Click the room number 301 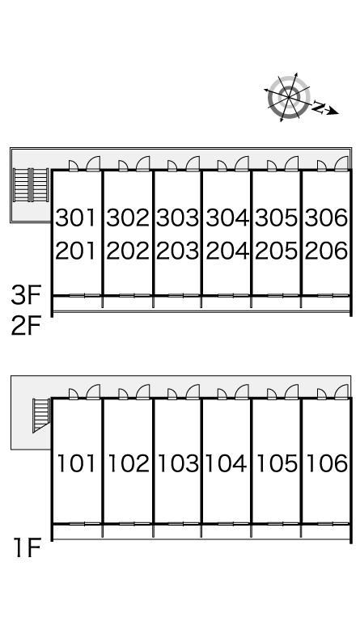[76, 218]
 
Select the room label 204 [227, 251]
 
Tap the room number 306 [326, 218]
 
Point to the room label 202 [128, 251]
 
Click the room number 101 [76, 463]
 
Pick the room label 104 [226, 463]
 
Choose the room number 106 [327, 463]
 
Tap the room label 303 [177, 218]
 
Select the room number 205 [276, 251]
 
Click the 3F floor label [26, 295]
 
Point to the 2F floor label [26, 327]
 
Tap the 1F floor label [28, 547]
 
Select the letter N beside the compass [318, 107]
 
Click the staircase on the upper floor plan [31, 185]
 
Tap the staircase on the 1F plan [41, 415]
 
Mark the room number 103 [178, 463]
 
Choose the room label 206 [326, 251]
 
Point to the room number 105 [277, 463]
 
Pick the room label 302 [128, 218]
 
